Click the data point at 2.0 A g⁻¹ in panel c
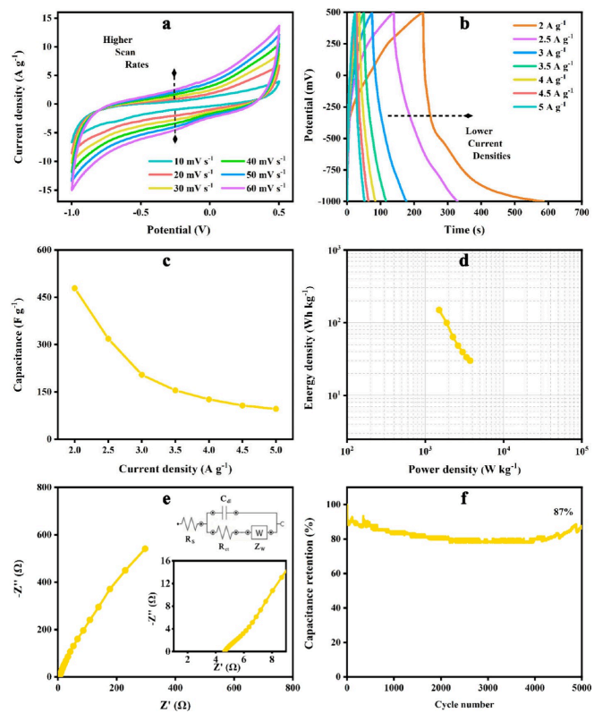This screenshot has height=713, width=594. (74, 288)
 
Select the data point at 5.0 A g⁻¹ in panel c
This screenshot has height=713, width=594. (276, 409)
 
